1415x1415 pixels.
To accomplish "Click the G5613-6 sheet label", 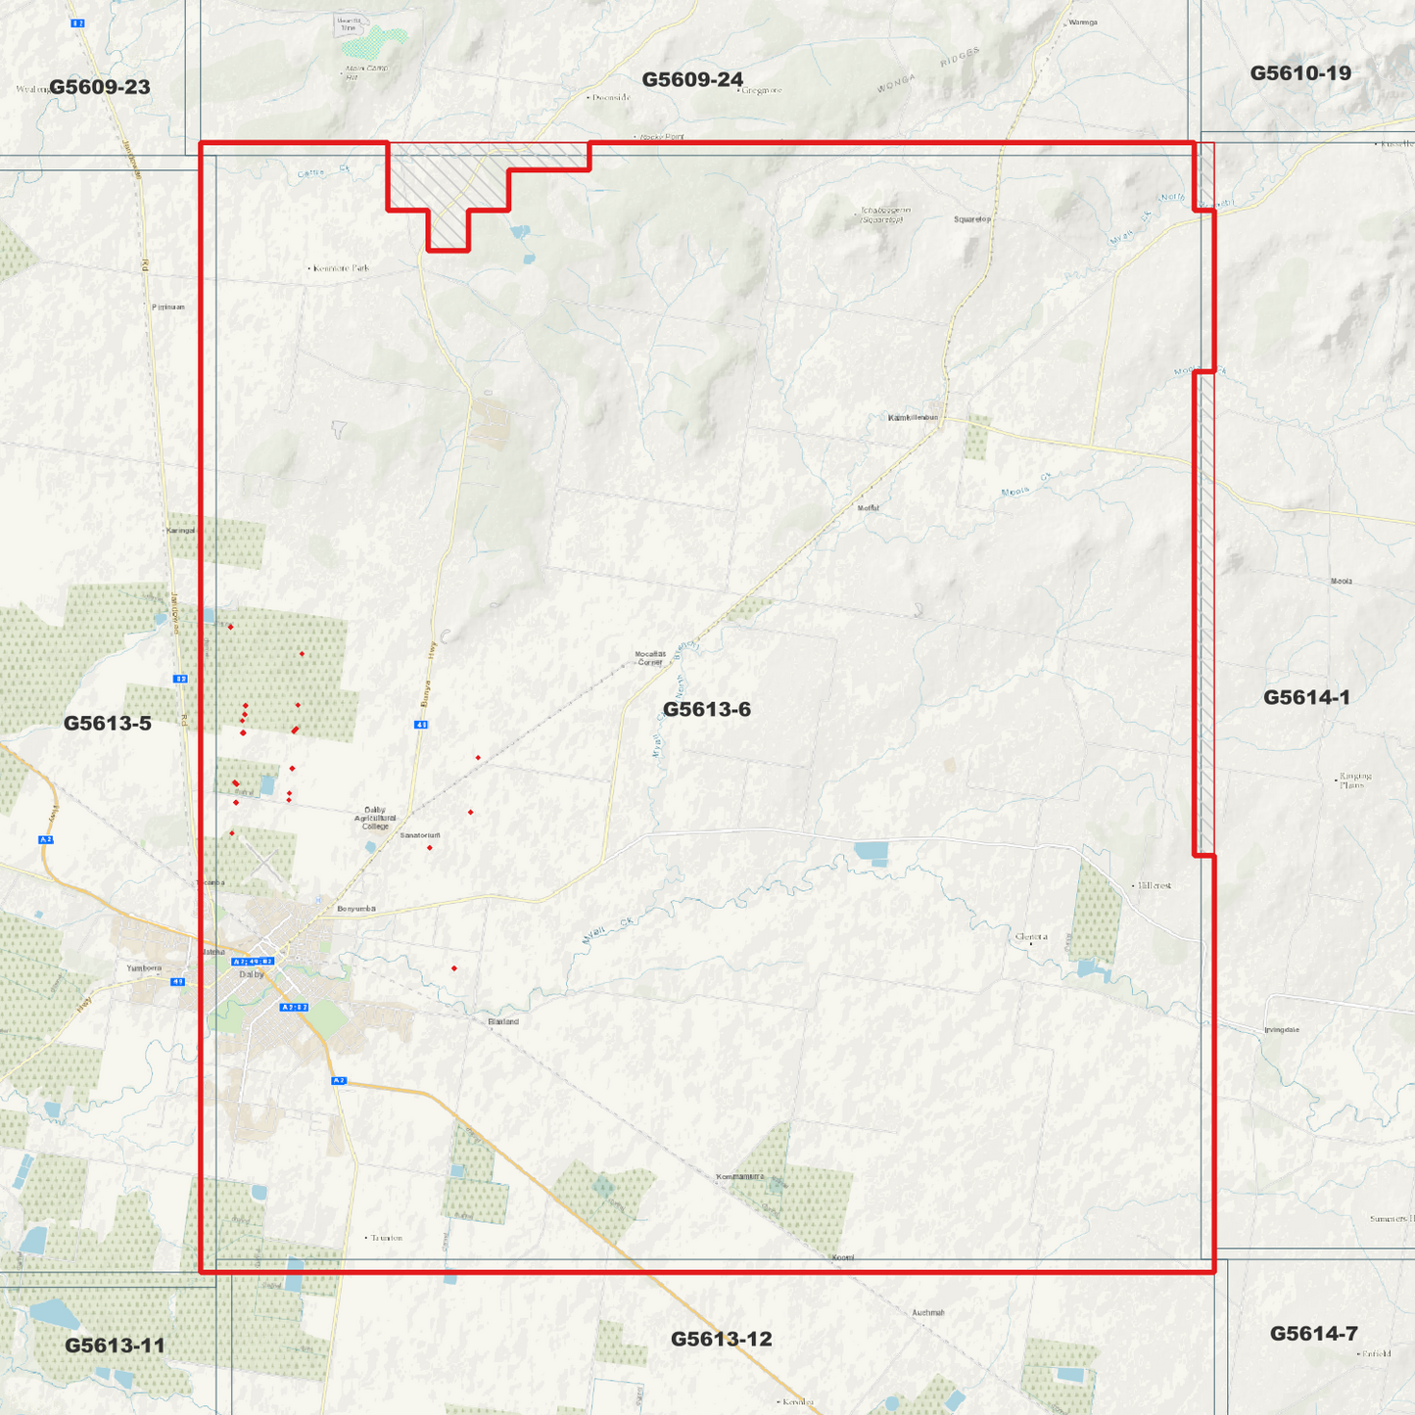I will point(706,709).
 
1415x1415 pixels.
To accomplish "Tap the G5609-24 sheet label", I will point(692,79).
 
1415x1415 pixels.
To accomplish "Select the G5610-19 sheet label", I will point(1300,73).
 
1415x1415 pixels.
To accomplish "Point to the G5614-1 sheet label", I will point(1306,697).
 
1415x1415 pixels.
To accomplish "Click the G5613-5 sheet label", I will point(108,724).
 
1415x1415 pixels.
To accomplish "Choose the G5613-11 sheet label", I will point(115,1345).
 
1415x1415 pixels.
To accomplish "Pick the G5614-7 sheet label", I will point(1313,1334).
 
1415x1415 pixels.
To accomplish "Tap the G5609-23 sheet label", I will point(100,87).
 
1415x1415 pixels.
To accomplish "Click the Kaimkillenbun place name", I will point(913,418).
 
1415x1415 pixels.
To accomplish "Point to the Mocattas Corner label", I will point(650,658).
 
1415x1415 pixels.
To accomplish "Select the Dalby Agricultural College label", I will point(375,818).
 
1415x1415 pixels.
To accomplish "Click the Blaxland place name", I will point(503,1021).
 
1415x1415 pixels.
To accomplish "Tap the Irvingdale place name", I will point(1281,1030).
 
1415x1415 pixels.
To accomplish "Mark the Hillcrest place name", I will point(1155,885).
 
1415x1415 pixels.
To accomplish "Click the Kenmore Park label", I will point(342,268).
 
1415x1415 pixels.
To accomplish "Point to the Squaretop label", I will point(972,219).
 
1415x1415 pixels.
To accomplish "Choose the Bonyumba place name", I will point(356,909).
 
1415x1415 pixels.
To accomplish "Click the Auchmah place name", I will point(927,1312).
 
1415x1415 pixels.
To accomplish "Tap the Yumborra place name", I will point(144,967).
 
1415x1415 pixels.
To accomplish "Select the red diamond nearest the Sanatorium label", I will point(430,848).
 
